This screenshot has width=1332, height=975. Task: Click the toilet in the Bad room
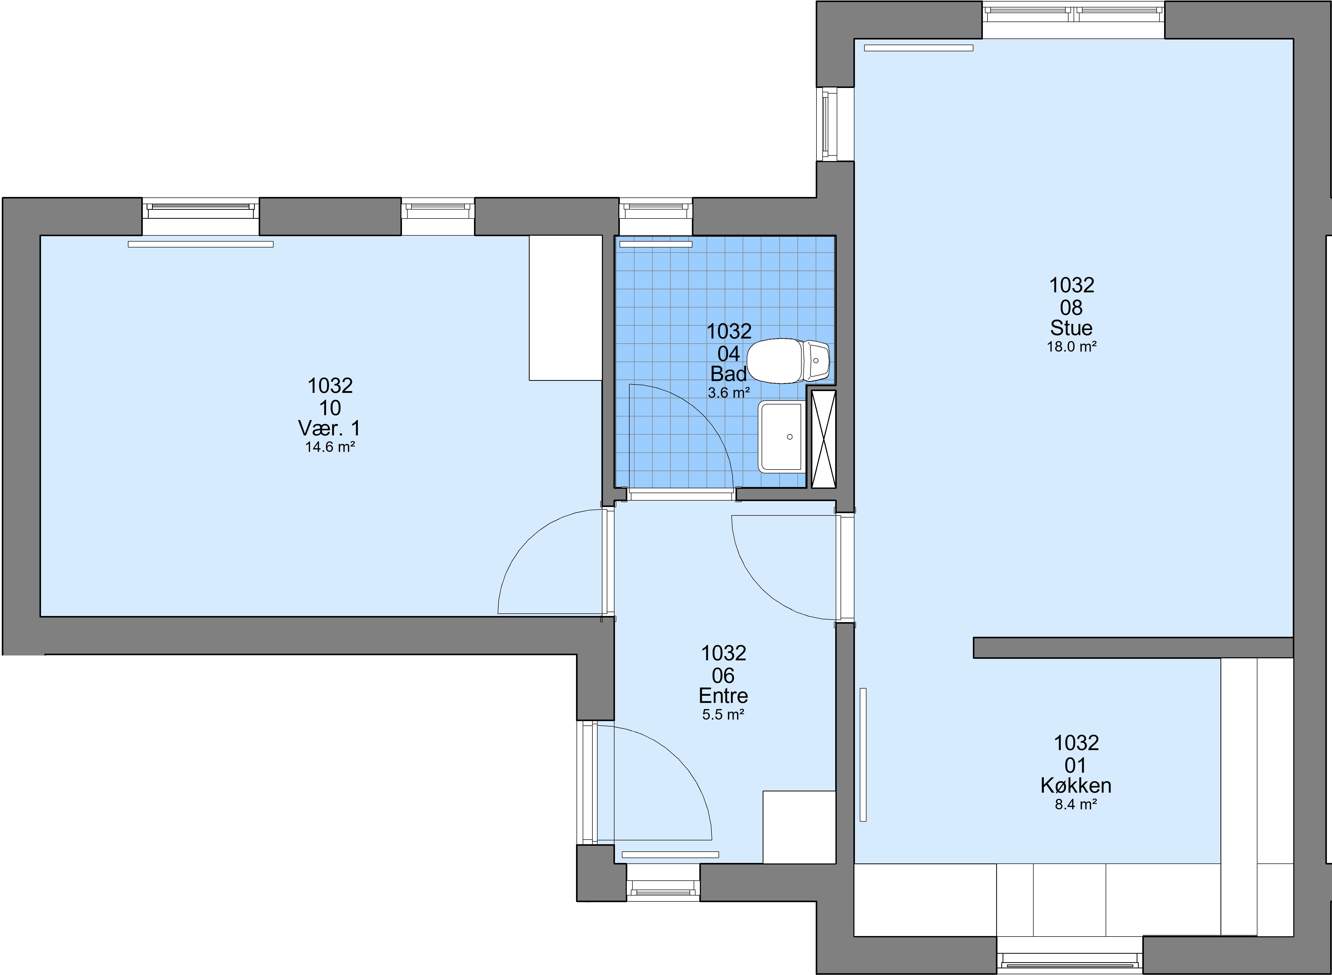[789, 361]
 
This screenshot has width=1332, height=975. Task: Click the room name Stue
[1071, 328]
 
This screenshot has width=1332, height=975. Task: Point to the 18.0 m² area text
[1071, 347]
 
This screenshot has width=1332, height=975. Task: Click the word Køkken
[1076, 785]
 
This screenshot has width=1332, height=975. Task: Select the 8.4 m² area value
[1076, 804]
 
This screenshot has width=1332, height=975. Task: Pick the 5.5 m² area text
[723, 715]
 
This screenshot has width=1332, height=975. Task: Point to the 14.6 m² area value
[330, 447]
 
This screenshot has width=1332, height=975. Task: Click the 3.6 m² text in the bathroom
[729, 392]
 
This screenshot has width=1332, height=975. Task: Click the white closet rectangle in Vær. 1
[565, 308]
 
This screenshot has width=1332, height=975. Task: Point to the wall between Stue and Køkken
[1133, 648]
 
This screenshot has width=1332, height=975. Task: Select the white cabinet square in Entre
[799, 827]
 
